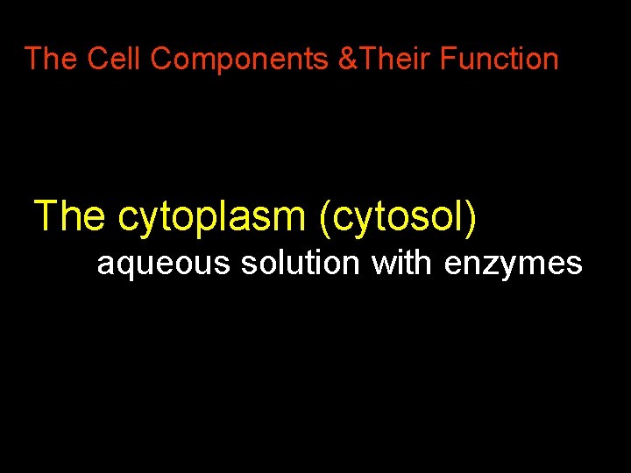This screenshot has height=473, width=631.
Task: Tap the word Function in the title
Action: (x=499, y=60)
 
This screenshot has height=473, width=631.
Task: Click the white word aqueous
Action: (x=164, y=263)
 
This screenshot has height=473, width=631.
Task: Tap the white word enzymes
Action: (x=513, y=263)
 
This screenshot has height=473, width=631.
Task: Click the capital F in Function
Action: (x=448, y=60)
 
